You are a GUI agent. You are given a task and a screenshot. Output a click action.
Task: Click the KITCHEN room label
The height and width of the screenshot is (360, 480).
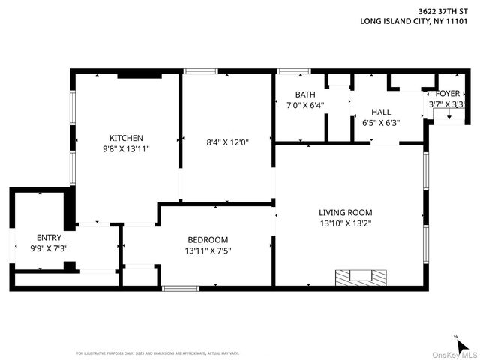point(126,138)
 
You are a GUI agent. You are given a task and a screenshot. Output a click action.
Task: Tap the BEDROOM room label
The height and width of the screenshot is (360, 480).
point(208,240)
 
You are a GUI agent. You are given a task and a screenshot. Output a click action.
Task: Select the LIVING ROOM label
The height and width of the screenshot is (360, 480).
point(345,212)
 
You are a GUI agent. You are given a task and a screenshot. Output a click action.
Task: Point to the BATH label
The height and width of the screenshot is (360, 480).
point(305,94)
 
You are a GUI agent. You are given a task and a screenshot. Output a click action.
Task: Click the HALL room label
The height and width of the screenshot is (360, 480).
point(381,112)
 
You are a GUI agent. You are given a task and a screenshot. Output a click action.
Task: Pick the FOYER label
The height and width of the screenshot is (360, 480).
point(448,94)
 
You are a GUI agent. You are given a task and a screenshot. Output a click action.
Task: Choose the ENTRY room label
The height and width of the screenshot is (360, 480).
point(49,237)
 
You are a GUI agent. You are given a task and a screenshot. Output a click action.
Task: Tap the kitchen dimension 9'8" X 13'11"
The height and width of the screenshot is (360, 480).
point(126,149)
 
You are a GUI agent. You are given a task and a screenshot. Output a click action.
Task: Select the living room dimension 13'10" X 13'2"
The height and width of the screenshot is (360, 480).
point(345,223)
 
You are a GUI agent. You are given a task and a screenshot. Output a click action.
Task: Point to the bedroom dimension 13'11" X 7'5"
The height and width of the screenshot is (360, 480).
point(208,250)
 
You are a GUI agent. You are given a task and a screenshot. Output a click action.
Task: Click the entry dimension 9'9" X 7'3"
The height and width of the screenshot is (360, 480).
point(49,247)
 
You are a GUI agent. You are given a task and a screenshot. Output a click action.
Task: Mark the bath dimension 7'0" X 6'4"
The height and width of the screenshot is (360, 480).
point(305,105)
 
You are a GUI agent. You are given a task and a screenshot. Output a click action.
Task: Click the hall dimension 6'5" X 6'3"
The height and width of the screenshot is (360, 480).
point(381,122)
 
